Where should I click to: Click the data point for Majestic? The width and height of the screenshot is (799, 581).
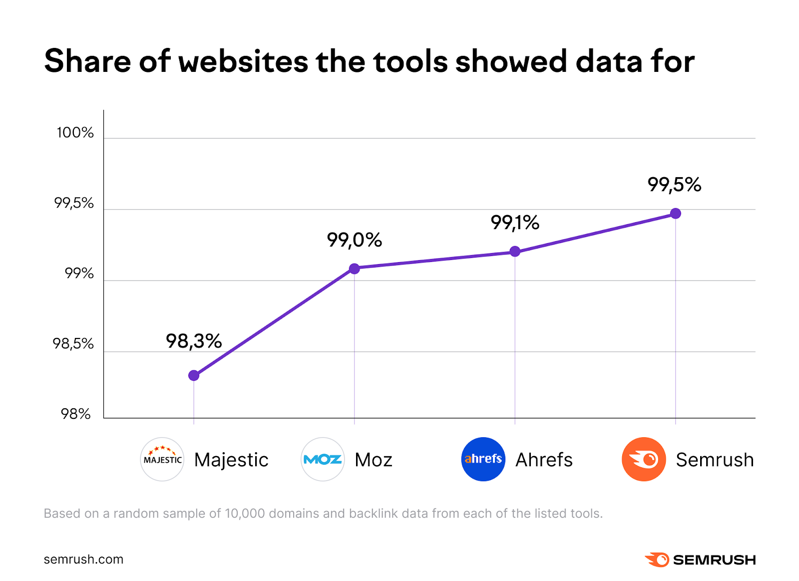tap(194, 375)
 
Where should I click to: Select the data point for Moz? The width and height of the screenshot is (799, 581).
tap(354, 269)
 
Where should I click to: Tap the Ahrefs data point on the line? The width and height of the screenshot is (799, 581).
tap(515, 251)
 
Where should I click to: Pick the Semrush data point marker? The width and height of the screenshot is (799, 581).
tap(676, 214)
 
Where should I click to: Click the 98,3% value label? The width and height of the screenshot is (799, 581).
tap(194, 341)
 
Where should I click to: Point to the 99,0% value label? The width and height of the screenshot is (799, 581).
tap(354, 240)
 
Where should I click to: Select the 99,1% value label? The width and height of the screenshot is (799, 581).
tap(515, 223)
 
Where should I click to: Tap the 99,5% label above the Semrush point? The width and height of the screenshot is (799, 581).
tap(674, 185)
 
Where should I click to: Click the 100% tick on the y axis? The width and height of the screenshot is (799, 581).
tap(75, 133)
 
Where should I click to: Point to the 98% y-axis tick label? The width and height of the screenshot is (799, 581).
tap(76, 414)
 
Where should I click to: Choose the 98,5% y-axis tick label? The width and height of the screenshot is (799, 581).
tap(73, 344)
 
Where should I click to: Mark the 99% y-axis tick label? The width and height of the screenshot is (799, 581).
tap(79, 274)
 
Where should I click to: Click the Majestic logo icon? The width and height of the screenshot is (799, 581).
tap(162, 459)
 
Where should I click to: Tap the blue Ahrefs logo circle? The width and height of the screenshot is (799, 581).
tap(483, 459)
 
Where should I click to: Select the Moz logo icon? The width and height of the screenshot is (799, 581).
tap(323, 459)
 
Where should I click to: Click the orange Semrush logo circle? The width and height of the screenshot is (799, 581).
tap(644, 459)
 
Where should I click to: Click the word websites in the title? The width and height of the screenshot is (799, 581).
tap(243, 61)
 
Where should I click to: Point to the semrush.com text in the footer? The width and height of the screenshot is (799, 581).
tap(83, 560)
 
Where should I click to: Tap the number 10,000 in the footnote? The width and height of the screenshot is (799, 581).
tap(245, 514)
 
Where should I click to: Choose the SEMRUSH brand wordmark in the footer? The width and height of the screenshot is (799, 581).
tap(714, 560)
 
